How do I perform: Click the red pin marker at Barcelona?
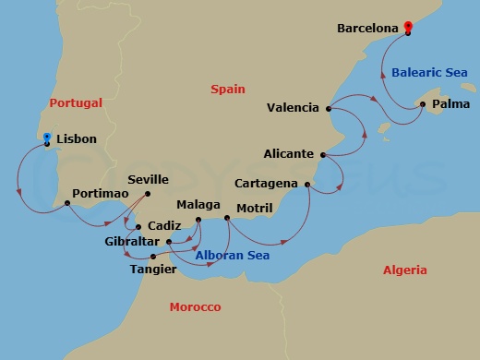(407, 28)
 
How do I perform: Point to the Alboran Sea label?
(233, 255)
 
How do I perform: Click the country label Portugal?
(77, 103)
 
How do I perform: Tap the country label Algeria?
(405, 270)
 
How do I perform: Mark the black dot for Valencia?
(330, 108)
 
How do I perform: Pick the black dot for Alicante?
(322, 154)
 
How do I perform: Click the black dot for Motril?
(227, 219)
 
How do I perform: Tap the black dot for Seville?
(150, 193)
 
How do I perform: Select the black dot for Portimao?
(66, 204)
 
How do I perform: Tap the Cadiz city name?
(164, 226)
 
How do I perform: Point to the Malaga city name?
(198, 204)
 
